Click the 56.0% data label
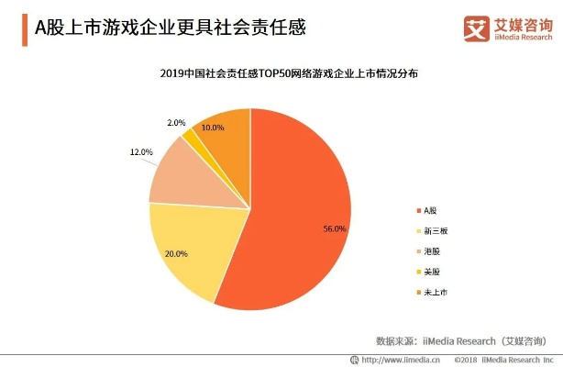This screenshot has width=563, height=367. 335,229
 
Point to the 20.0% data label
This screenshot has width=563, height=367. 176,253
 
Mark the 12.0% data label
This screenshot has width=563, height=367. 140,151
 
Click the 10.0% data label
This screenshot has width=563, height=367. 213,128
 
